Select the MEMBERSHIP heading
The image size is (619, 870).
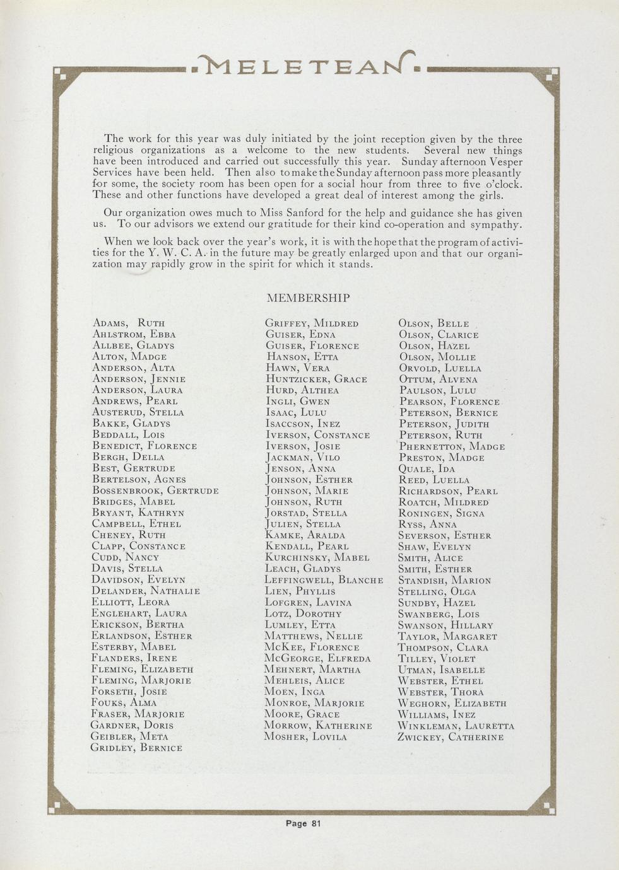pos(309,298)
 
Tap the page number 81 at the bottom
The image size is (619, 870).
pos(304,823)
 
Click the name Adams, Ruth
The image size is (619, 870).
pos(129,323)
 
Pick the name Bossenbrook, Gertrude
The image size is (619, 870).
pos(155,490)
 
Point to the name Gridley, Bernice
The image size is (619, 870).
pos(137,748)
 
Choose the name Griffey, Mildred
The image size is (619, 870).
pos(312,323)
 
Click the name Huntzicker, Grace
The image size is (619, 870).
pos(315,379)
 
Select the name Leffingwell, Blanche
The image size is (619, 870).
pos(324,580)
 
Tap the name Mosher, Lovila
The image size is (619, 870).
pos(305,736)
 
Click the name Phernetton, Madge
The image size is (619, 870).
pos(452,446)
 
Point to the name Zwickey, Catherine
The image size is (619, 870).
pos(451,736)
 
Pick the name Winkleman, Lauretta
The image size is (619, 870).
pos(456,726)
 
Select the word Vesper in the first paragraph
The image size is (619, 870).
pos(504,161)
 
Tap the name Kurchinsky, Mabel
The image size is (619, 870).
pos(317,557)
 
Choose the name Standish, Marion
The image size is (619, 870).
pos(444,580)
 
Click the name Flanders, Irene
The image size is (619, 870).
pos(134,658)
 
